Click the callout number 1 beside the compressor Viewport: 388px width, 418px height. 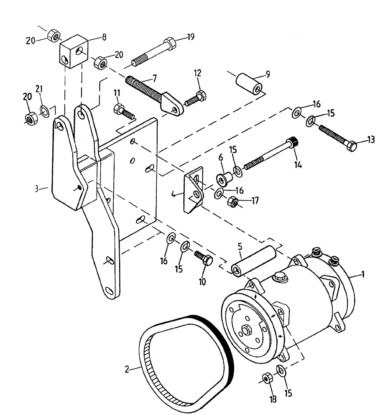click(x=363, y=275)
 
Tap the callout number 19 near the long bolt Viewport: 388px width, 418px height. click(x=191, y=37)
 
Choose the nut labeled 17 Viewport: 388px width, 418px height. click(x=232, y=203)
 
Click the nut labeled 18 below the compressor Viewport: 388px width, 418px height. click(x=266, y=379)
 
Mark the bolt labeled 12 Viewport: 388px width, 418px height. click(x=194, y=99)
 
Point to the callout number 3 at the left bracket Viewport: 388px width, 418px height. click(x=37, y=189)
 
